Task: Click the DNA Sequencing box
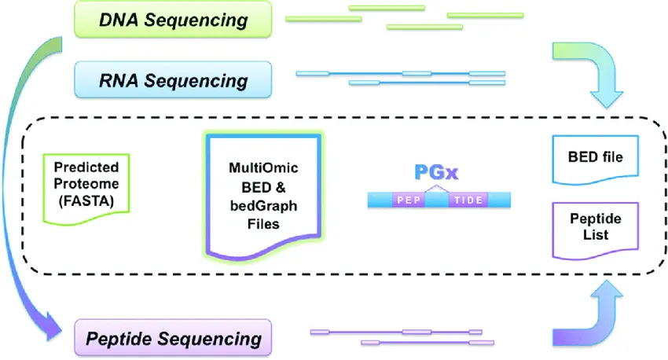[x=173, y=20]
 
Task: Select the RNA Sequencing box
[x=173, y=80]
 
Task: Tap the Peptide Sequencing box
[x=173, y=339]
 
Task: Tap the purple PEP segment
[x=409, y=200]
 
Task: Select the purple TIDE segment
[x=468, y=200]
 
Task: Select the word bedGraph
[x=263, y=208]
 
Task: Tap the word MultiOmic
[x=263, y=168]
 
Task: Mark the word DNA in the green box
[x=116, y=20]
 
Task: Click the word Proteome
[x=86, y=184]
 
